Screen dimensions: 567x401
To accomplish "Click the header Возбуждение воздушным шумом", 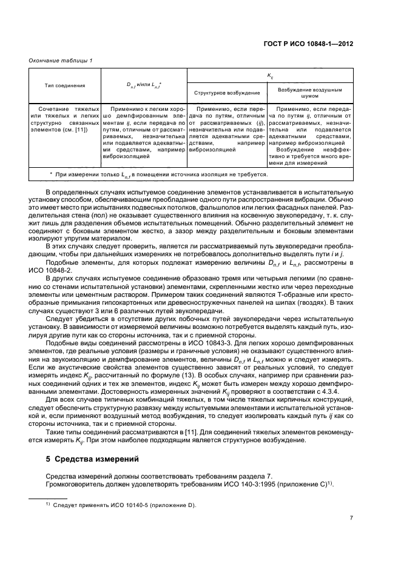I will (309, 92).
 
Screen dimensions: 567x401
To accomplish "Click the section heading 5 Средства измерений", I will (92, 459).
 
